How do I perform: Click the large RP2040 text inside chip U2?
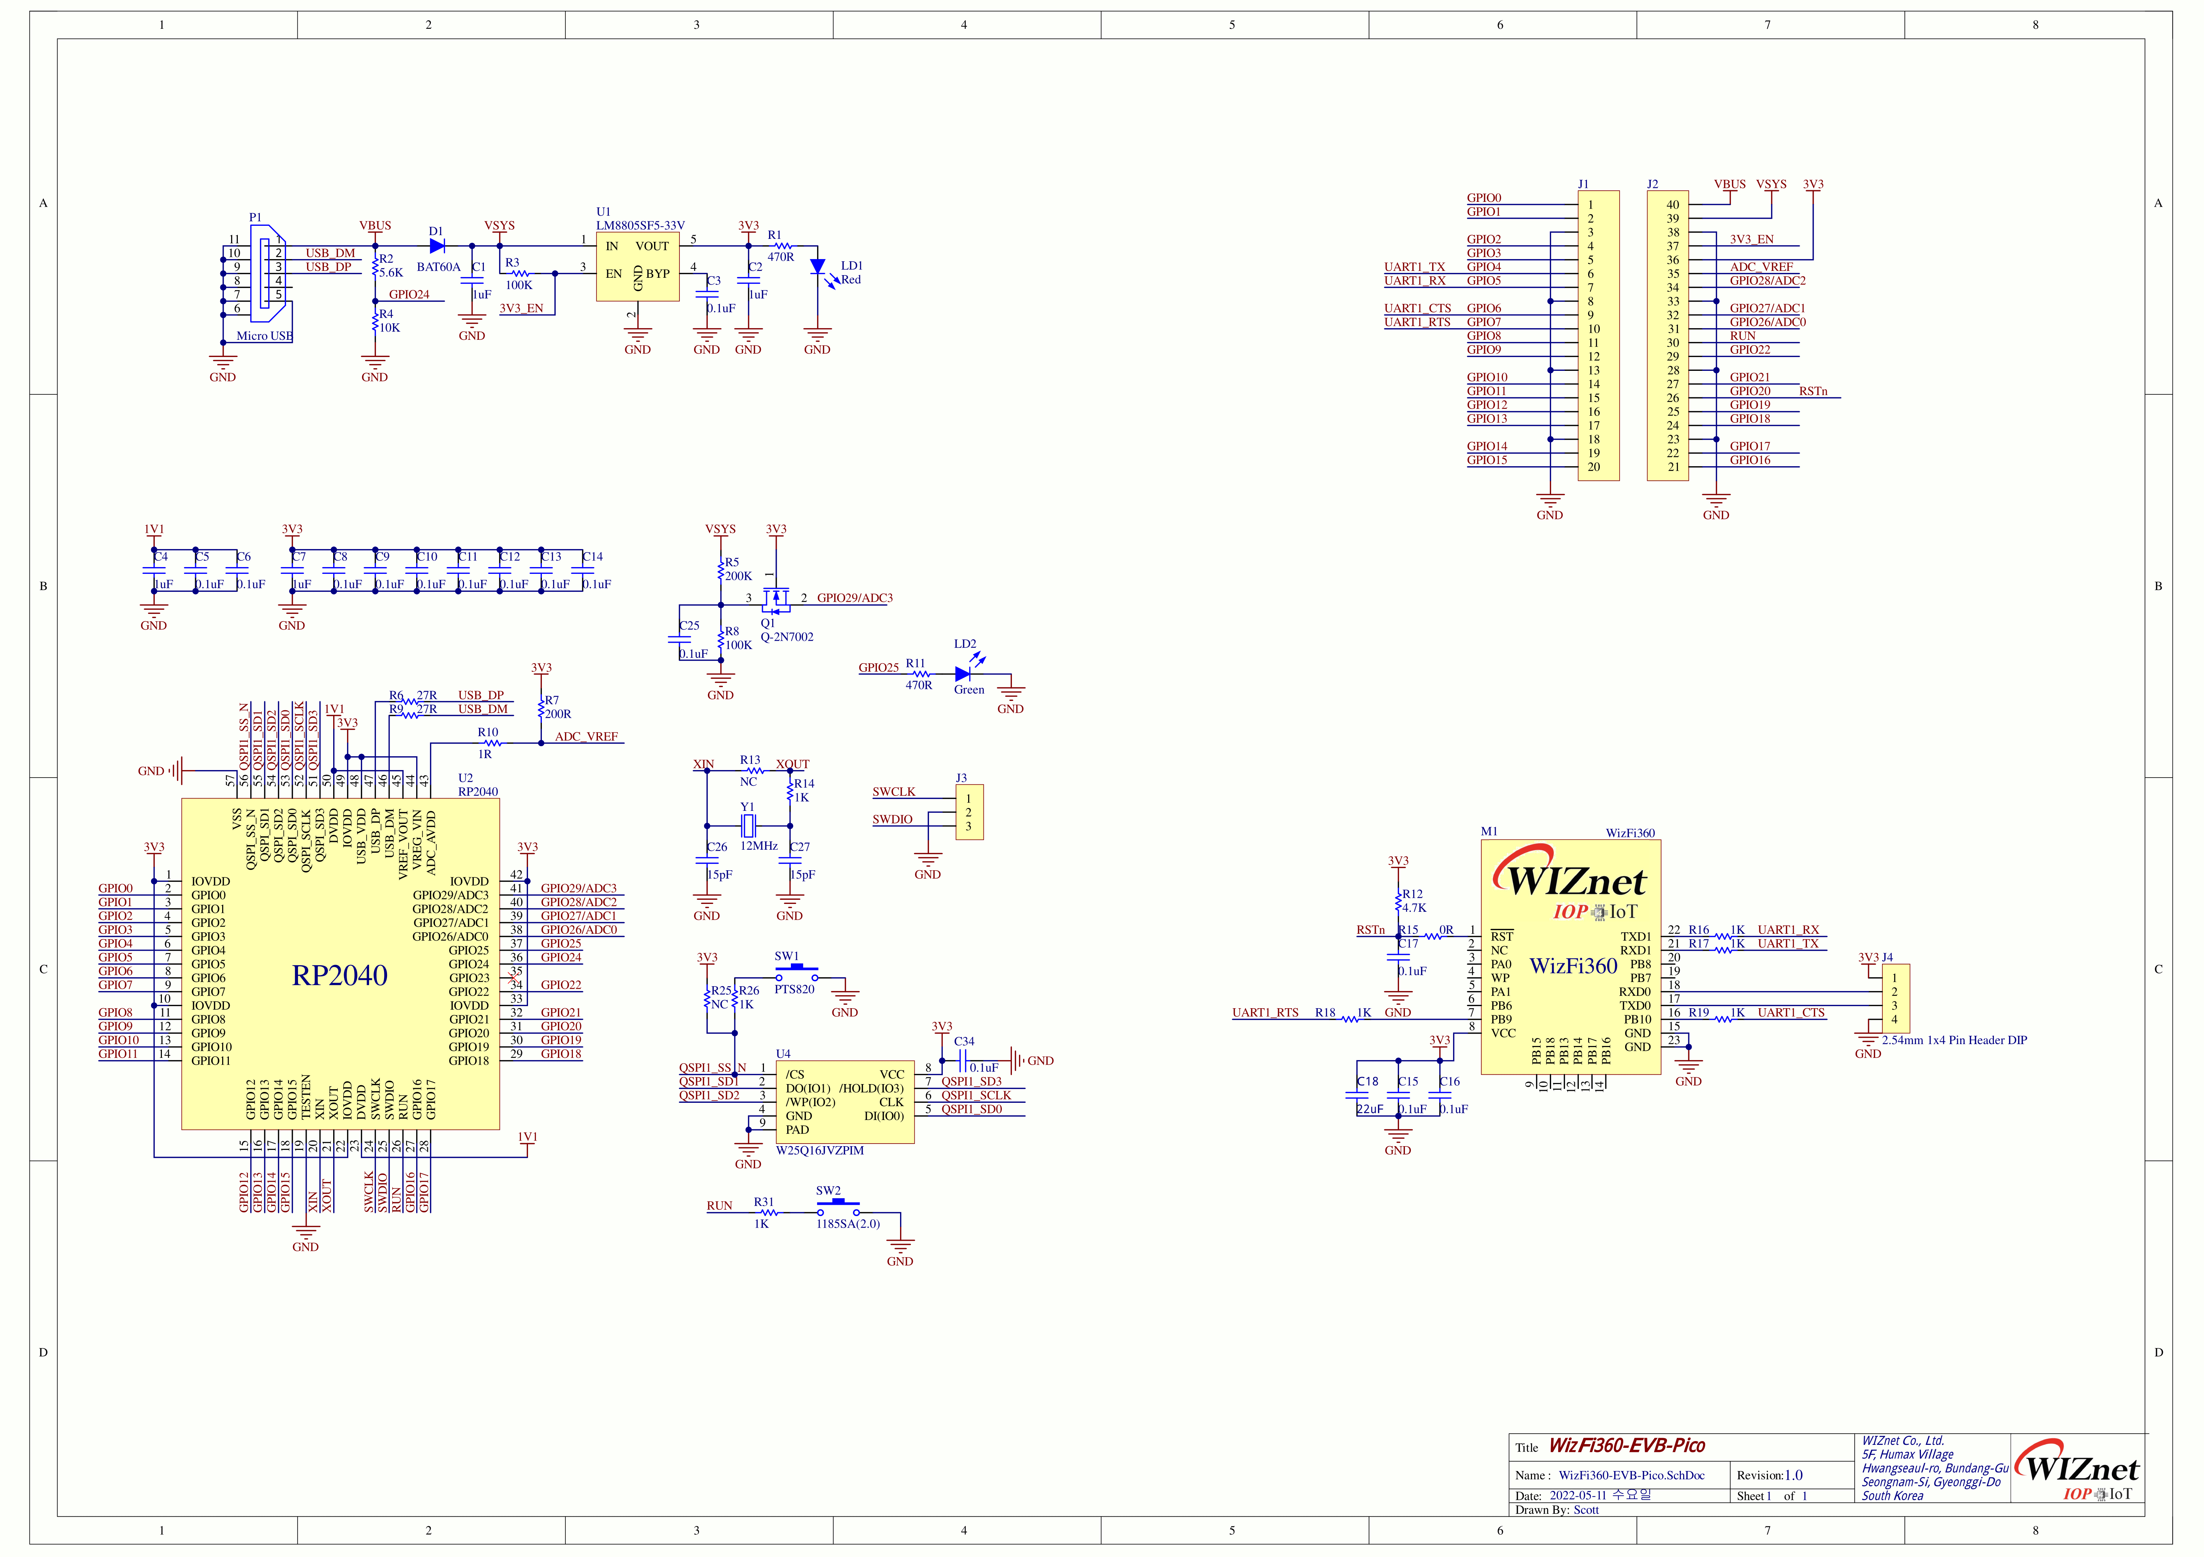tap(340, 975)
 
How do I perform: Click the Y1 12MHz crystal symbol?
tap(749, 825)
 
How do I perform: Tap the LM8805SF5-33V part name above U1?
tap(640, 225)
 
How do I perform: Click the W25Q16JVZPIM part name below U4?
tap(820, 1150)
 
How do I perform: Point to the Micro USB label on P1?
tap(264, 336)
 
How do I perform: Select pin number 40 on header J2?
tap(1672, 204)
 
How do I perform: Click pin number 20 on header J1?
tap(1593, 468)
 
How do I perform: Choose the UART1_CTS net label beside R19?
tap(1791, 1013)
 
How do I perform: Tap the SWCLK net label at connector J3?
tap(894, 792)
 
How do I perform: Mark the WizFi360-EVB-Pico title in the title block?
tap(1627, 1446)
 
